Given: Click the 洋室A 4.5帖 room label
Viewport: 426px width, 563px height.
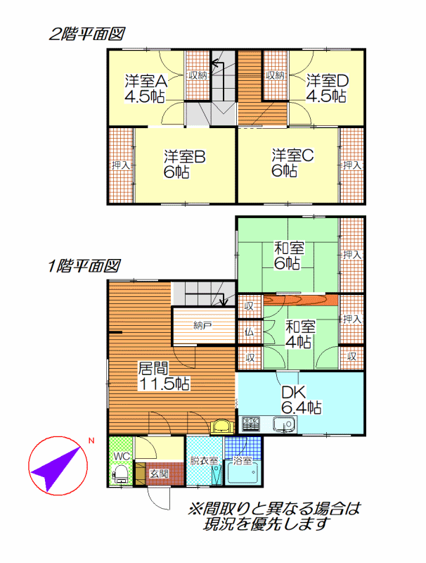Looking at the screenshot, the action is pyautogui.click(x=146, y=89).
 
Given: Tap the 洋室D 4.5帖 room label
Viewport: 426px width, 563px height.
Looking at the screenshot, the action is pyautogui.click(x=327, y=89).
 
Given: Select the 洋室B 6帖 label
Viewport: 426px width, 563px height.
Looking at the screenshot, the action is pyautogui.click(x=184, y=164).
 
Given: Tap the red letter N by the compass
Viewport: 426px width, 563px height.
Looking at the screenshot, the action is pyautogui.click(x=91, y=441).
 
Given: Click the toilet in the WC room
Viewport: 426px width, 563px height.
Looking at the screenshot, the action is pyautogui.click(x=120, y=474).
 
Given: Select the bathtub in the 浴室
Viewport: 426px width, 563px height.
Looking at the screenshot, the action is pyautogui.click(x=243, y=473).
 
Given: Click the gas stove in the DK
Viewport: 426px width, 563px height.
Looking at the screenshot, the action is pyautogui.click(x=251, y=424).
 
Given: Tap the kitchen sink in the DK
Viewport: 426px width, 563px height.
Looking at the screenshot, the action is pyautogui.click(x=285, y=424).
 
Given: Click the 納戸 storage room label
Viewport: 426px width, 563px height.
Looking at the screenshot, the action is pyautogui.click(x=202, y=326).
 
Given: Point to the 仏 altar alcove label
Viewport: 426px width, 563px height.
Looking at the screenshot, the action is pyautogui.click(x=250, y=331).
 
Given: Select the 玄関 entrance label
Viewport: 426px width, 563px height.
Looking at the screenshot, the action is pyautogui.click(x=159, y=474).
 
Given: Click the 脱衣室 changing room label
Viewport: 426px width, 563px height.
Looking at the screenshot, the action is pyautogui.click(x=204, y=461).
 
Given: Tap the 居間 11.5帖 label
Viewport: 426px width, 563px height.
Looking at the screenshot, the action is pyautogui.click(x=164, y=376).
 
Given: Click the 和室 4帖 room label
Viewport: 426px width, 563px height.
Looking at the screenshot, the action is pyautogui.click(x=300, y=334).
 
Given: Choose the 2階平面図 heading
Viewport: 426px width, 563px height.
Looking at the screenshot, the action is pyautogui.click(x=86, y=34).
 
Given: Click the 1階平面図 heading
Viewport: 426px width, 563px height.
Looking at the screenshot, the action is pyautogui.click(x=84, y=266).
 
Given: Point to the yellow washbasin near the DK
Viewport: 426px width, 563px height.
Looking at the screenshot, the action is pyautogui.click(x=222, y=426).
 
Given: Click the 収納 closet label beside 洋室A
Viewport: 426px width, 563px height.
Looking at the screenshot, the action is pyautogui.click(x=198, y=75).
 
